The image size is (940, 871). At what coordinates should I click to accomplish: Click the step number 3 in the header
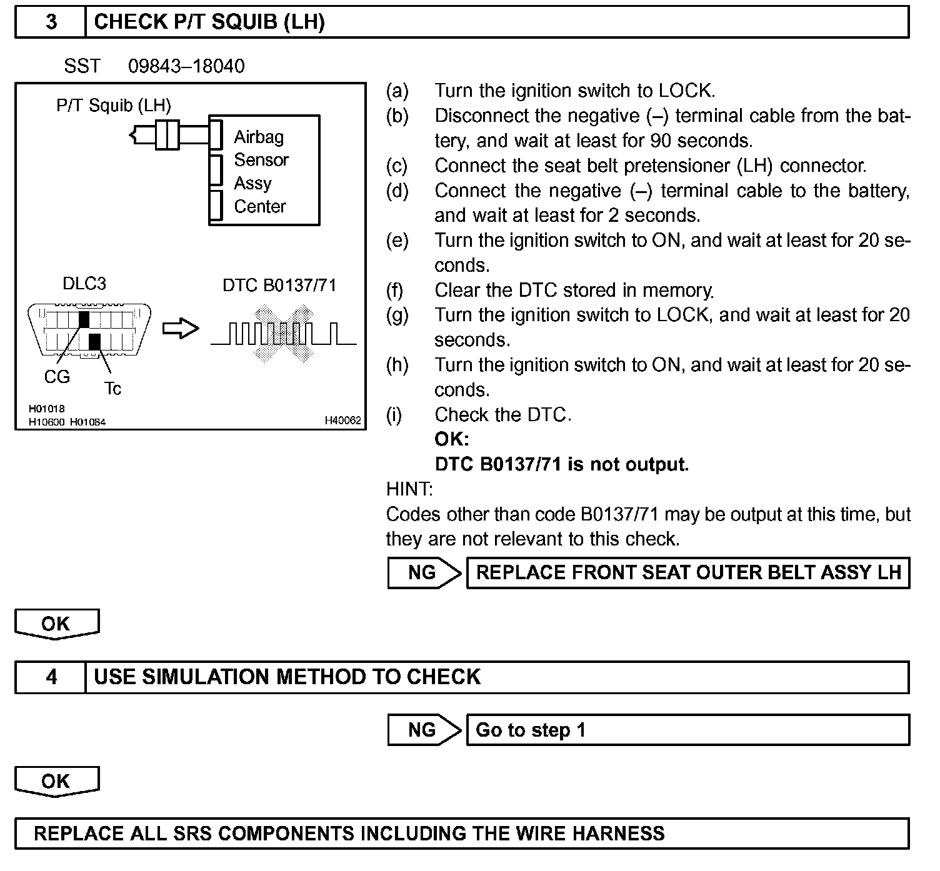point(51,22)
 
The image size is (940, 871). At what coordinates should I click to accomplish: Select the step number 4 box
point(51,677)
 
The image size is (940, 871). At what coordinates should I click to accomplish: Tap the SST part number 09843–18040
point(186,66)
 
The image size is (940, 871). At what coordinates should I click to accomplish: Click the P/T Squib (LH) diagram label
point(113,105)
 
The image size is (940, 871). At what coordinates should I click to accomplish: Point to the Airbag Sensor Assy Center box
point(264,171)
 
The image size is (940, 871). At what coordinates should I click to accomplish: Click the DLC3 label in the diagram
point(84,284)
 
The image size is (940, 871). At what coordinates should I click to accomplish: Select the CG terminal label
point(57,377)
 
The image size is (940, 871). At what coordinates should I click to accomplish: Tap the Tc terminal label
point(112,389)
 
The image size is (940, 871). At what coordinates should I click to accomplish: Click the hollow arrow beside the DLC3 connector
point(180,329)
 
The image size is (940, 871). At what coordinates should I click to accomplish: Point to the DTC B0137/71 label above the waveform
point(279,286)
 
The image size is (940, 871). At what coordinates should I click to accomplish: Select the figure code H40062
point(342,421)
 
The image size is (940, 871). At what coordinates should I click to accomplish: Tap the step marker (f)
point(395,290)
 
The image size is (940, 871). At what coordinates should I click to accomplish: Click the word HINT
point(409,489)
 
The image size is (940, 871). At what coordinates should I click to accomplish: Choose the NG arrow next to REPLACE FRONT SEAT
point(423,572)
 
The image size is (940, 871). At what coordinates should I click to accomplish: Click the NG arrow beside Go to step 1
point(423,730)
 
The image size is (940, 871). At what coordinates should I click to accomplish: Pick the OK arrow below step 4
point(56,781)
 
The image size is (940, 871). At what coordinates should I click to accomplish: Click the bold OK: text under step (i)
point(451,439)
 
